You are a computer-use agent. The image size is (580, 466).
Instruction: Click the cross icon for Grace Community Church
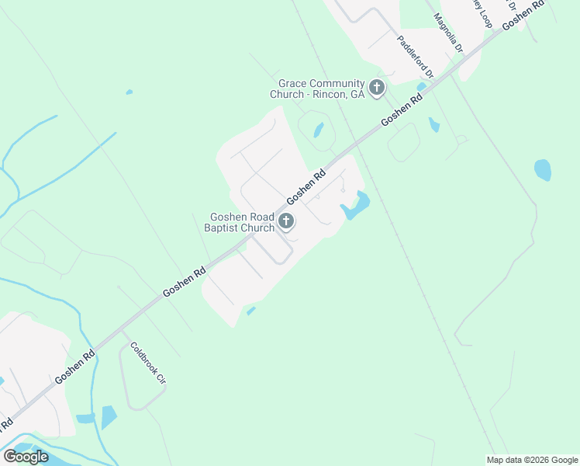(377, 88)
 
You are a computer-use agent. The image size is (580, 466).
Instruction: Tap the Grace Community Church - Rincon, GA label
(317, 89)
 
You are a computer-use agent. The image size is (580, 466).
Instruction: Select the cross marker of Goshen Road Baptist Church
(285, 222)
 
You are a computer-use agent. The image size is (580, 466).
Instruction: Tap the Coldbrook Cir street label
(148, 363)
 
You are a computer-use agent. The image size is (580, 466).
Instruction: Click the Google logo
(26, 456)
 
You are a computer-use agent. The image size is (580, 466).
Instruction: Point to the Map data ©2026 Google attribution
(533, 460)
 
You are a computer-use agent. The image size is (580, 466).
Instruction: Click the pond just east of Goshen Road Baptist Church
(355, 206)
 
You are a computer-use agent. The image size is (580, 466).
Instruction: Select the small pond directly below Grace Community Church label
(319, 130)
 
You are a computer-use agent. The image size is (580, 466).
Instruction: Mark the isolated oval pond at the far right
(543, 169)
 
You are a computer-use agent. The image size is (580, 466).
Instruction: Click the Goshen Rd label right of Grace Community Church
(403, 110)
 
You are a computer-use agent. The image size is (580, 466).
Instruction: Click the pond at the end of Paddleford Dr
(421, 86)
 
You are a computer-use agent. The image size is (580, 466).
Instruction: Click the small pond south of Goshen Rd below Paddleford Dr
(434, 124)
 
